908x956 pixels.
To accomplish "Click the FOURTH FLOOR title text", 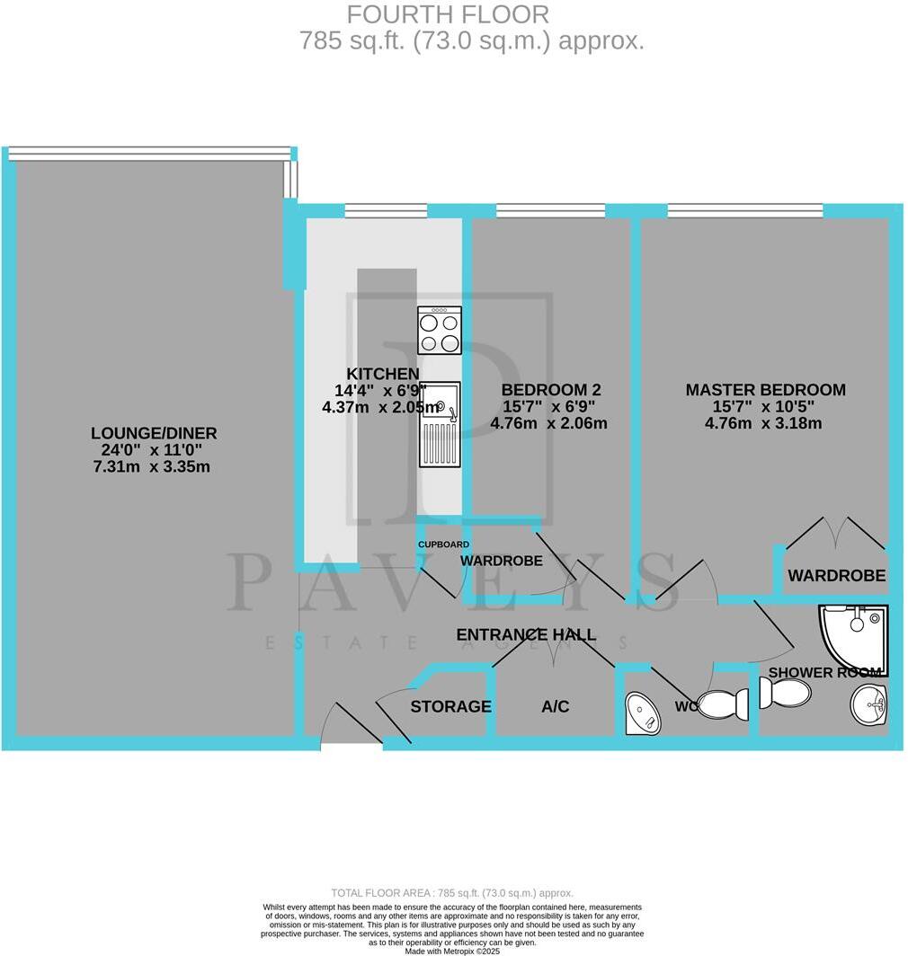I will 448,14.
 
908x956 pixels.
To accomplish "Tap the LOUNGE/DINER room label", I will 154,433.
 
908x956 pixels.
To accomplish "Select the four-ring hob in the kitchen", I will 440,330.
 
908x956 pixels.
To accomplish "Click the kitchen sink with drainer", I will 440,424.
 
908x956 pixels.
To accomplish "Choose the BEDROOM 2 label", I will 551,390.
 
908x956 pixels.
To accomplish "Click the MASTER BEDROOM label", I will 765,390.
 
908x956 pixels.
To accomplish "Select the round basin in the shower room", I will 868,704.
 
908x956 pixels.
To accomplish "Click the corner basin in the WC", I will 642,713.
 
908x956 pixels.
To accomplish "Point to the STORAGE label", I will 450,707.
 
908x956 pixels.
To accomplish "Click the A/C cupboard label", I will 555,707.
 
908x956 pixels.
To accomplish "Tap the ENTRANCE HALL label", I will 526,634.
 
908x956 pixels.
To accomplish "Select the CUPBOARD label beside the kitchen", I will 443,544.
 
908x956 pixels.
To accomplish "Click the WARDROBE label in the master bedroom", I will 836,576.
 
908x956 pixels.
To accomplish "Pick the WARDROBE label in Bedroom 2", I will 501,561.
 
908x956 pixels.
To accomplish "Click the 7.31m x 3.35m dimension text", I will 154,466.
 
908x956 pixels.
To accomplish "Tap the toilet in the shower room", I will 784,693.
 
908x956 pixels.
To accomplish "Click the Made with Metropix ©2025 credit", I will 453,951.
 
